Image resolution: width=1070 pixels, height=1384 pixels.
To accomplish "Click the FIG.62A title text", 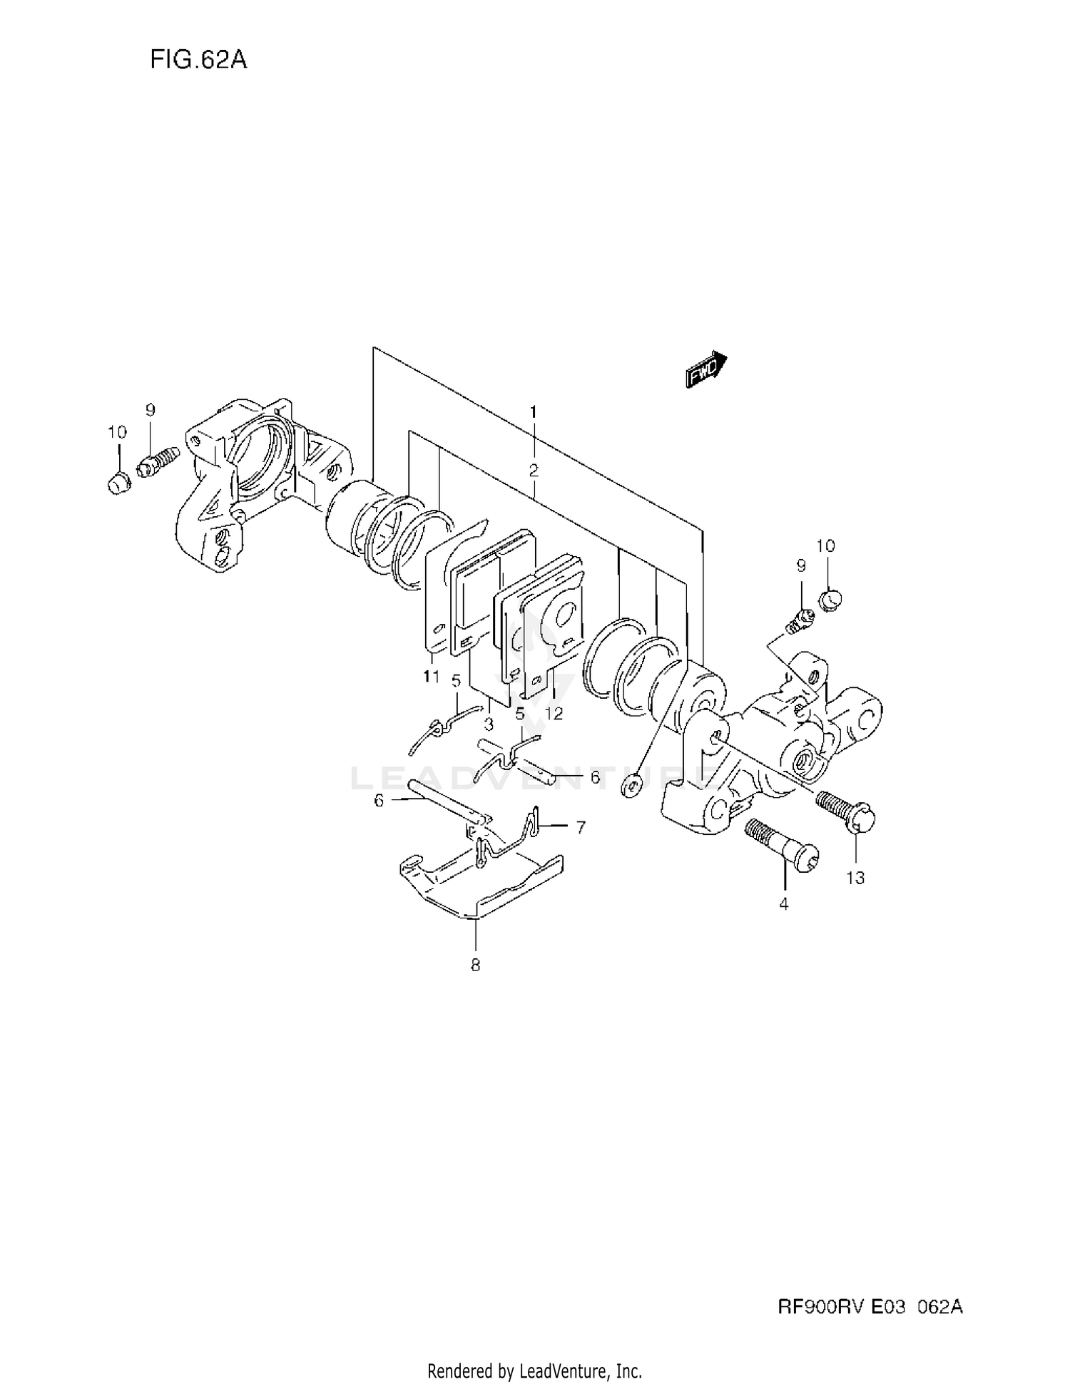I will pyautogui.click(x=198, y=60).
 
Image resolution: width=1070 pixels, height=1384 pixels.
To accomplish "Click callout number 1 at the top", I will pyautogui.click(x=533, y=411).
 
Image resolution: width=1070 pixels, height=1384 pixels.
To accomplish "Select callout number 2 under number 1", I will pyautogui.click(x=534, y=470).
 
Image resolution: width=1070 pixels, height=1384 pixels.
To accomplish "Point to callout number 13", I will pyautogui.click(x=855, y=878).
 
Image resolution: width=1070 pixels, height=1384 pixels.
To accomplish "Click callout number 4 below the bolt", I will pyautogui.click(x=784, y=904).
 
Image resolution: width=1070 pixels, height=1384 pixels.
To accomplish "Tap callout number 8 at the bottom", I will pyautogui.click(x=475, y=965).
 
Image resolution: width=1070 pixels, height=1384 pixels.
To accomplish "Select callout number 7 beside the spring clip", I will pyautogui.click(x=581, y=827).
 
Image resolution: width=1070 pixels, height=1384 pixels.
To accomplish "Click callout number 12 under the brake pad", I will pyautogui.click(x=554, y=713).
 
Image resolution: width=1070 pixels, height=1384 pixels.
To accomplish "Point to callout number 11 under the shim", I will pyautogui.click(x=431, y=676).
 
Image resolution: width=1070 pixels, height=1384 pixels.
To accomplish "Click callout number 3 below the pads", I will pyautogui.click(x=489, y=724).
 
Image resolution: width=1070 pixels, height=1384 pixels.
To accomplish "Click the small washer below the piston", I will pyautogui.click(x=631, y=789).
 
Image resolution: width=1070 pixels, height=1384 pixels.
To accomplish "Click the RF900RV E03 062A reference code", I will pyautogui.click(x=870, y=1306).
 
